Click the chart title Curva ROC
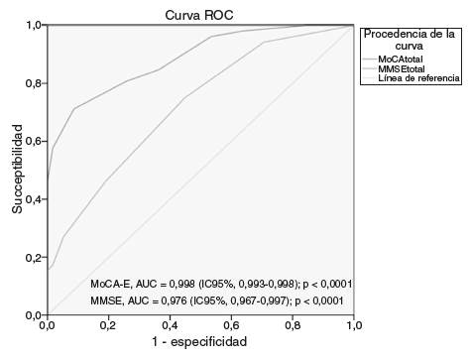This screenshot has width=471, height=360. pyautogui.click(x=200, y=12)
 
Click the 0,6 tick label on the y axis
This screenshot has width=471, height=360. pyautogui.click(x=33, y=141)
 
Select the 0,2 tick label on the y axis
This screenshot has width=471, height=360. pyautogui.click(x=33, y=257)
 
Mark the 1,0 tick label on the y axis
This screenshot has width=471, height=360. pyautogui.click(x=33, y=25)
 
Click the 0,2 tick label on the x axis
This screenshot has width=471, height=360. pyautogui.click(x=108, y=325)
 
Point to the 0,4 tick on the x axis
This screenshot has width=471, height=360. pyautogui.click(x=170, y=325)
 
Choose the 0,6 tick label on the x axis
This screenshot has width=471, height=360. pyautogui.click(x=231, y=325)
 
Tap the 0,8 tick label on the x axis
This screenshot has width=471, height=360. pyautogui.click(x=293, y=325)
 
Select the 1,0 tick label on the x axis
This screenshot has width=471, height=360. pyautogui.click(x=353, y=325)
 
